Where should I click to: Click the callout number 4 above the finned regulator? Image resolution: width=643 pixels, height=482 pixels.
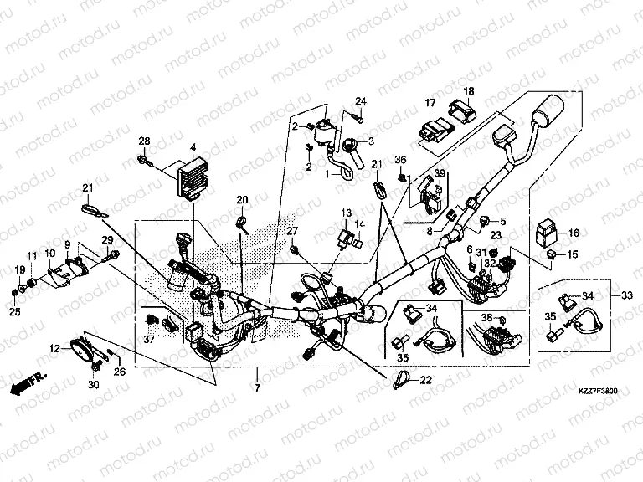tap(193, 148)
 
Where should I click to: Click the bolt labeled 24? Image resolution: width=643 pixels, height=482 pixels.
tap(358, 118)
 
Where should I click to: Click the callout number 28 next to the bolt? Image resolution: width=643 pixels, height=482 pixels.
tap(143, 140)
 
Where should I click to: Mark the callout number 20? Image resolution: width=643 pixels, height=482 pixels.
tap(242, 200)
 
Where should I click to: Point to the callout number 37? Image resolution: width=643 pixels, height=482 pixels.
tap(149, 340)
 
